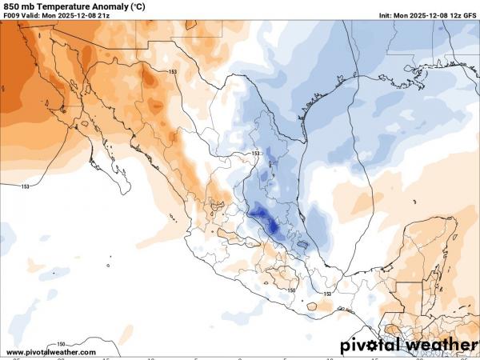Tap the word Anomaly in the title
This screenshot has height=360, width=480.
coord(122,6)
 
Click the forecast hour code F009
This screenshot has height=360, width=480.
coord(13,15)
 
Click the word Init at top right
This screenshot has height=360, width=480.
coord(386,15)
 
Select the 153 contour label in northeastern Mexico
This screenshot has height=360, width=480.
coord(256,154)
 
